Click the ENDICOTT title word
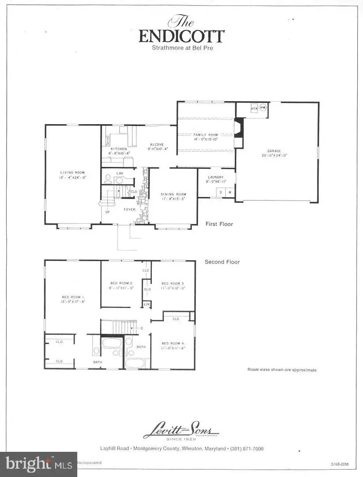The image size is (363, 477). tap(181, 36)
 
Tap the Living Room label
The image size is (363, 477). tap(73, 172)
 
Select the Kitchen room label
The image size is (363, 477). tap(119, 149)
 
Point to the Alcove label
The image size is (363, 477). tap(156, 144)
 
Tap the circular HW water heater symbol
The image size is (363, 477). tap(263, 108)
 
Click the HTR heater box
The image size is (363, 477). tap(254, 108)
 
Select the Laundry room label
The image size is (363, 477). tap(216, 178)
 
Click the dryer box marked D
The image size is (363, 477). tap(221, 192)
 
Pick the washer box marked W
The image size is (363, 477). tap(230, 192)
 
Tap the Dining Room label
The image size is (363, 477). tap(173, 194)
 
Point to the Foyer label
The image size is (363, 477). tap(129, 209)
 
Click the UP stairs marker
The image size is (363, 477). tap(107, 212)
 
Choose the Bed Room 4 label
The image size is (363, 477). tap(172, 343)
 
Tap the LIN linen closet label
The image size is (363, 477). tap(145, 304)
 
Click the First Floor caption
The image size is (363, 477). tap(219, 224)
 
